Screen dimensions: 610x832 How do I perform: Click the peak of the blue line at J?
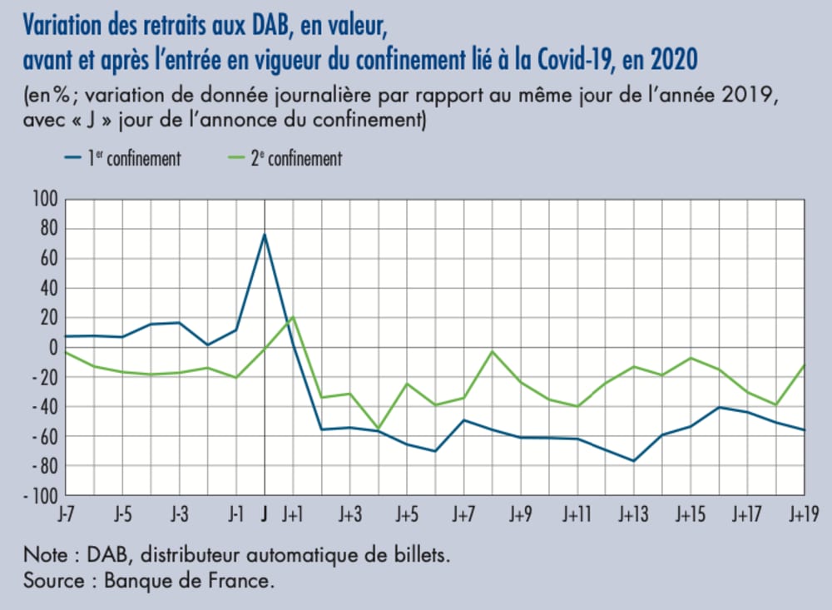(x=265, y=234)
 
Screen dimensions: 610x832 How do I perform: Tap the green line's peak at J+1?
(x=293, y=317)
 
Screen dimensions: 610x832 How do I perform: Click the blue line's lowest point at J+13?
(x=634, y=461)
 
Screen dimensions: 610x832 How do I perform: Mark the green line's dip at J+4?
(x=379, y=429)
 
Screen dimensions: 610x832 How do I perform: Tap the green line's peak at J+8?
(x=493, y=351)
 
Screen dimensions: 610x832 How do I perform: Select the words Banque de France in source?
(x=189, y=581)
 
